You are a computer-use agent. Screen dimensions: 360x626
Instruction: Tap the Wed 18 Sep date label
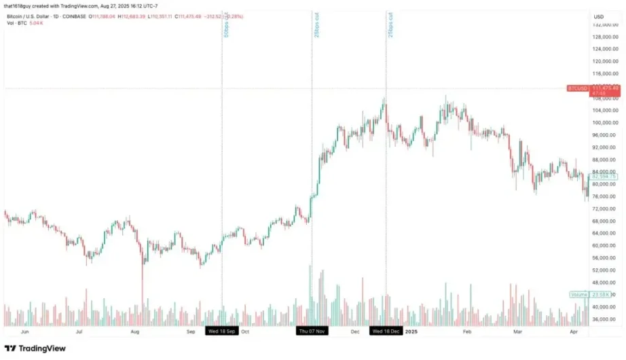coord(222,331)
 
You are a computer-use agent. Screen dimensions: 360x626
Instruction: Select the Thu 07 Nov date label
coord(312,331)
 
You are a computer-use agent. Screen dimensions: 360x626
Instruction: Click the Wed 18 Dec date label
coord(386,331)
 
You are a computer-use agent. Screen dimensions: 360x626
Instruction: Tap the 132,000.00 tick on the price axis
coord(604,24)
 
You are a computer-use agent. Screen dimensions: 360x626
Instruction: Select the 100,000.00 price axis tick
coord(604,123)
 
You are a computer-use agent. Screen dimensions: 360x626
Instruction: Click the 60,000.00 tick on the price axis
coord(604,246)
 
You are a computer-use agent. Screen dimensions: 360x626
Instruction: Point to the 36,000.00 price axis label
coord(604,319)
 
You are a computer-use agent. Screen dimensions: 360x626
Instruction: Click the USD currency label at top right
coord(599,16)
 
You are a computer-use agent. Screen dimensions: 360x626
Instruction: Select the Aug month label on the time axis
coord(134,331)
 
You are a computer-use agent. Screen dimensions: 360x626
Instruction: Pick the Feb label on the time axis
coord(466,331)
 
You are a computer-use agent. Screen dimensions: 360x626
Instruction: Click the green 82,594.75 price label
coord(603,177)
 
